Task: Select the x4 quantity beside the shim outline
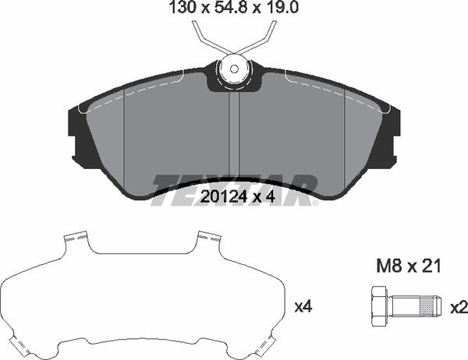coord(302,306)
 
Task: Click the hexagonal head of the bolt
coord(378,306)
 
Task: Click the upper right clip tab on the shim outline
coord(206,236)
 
